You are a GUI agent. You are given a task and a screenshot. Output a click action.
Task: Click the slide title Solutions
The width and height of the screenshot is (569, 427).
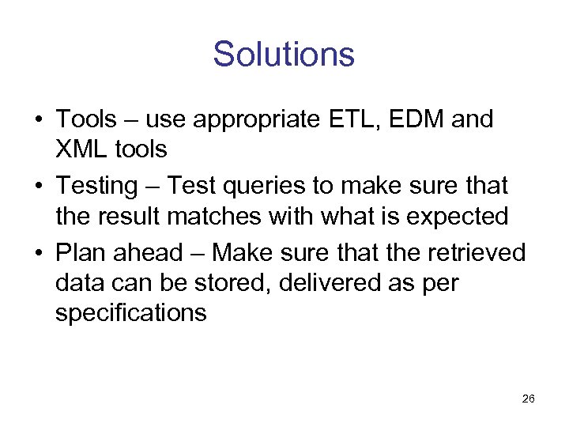coord(284,55)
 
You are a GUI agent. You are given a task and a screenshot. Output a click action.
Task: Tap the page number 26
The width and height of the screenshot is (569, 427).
coord(529,399)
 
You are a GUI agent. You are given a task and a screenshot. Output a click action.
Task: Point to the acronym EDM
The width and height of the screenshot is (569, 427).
coord(410,119)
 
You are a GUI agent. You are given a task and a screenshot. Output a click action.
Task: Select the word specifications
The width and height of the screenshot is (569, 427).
coord(131,312)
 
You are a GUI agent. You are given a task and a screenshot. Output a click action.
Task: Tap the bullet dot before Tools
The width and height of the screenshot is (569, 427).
coord(38,120)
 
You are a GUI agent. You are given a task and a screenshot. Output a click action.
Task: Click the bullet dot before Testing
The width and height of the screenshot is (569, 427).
coord(38,187)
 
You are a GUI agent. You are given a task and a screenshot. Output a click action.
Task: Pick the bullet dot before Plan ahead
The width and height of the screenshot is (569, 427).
coord(38,253)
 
